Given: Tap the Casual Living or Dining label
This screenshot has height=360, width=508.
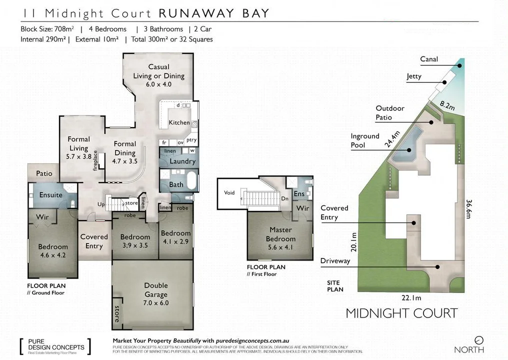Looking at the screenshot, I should point(158,75).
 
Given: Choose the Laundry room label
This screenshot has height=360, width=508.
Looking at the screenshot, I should point(182,161).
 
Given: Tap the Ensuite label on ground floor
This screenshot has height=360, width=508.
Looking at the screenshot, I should point(50,195).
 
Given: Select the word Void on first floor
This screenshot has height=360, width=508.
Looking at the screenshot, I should point(229,192).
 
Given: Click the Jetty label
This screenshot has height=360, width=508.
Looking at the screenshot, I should point(414,76).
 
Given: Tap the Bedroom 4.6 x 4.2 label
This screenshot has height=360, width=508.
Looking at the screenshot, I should point(53,250).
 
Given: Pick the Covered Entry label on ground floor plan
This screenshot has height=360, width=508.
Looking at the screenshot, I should point(94,241).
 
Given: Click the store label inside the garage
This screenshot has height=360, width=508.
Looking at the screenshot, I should point(117,313).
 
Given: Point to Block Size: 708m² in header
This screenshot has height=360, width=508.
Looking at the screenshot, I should point(48,29).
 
